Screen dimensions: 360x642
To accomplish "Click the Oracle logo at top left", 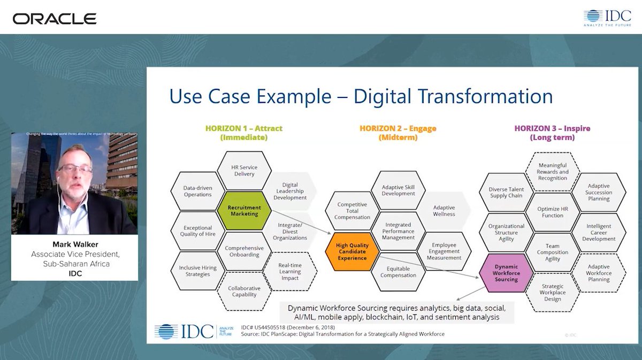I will click(55, 19).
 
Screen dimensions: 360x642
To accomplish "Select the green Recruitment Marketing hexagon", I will click(244, 211).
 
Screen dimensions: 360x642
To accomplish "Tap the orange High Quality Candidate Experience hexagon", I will click(351, 251).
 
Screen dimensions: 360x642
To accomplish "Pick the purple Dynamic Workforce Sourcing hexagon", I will click(506, 273).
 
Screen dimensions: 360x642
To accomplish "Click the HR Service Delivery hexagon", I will click(244, 171).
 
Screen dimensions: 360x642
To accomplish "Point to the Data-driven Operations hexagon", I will click(197, 191).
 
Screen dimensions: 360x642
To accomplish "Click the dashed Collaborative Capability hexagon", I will click(244, 291).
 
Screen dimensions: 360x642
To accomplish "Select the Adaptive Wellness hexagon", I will click(444, 211).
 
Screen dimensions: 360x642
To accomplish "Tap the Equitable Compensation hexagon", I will click(398, 272).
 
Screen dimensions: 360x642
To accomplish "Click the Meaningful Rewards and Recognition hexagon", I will click(553, 172).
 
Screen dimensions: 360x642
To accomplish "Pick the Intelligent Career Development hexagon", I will click(598, 233).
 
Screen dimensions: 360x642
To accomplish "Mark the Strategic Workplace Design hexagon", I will click(552, 293).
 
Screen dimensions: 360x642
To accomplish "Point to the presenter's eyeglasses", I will click(75, 169).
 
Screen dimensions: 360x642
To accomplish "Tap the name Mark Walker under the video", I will click(75, 244).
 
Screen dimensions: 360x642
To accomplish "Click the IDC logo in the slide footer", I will click(185, 331).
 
